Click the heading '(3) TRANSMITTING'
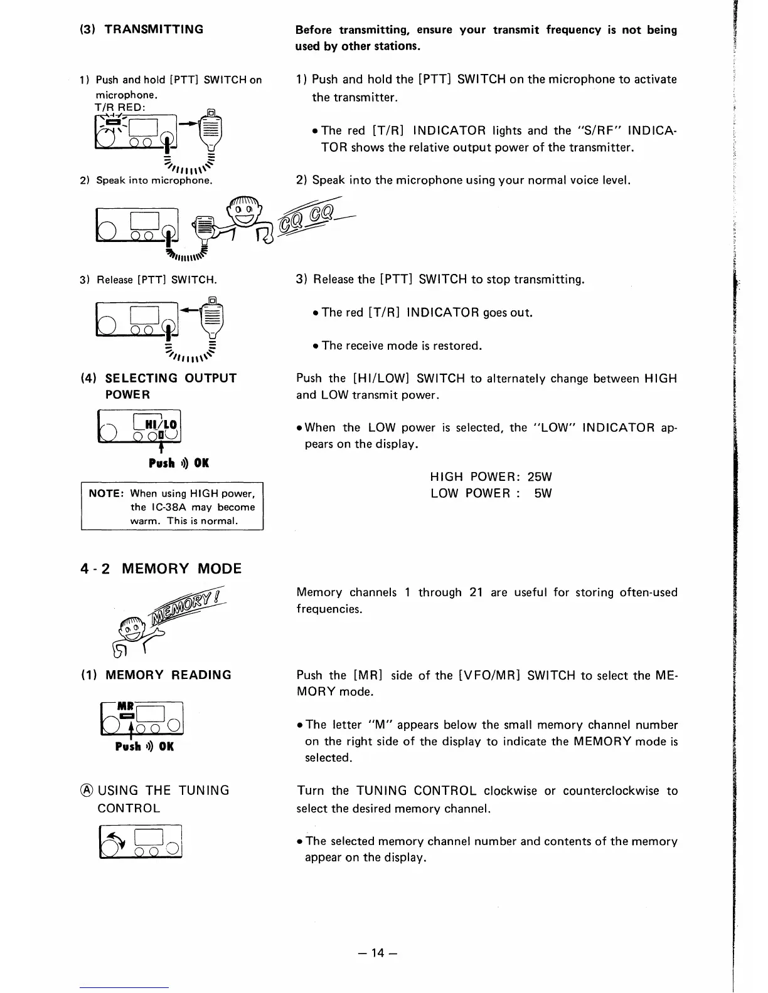click(141, 29)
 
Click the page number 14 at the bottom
click(376, 953)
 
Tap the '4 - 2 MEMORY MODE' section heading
click(161, 569)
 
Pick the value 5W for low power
click(543, 493)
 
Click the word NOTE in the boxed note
click(105, 493)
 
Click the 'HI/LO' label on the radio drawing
click(161, 423)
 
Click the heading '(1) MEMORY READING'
click(156, 675)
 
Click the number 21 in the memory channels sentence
click(475, 592)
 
